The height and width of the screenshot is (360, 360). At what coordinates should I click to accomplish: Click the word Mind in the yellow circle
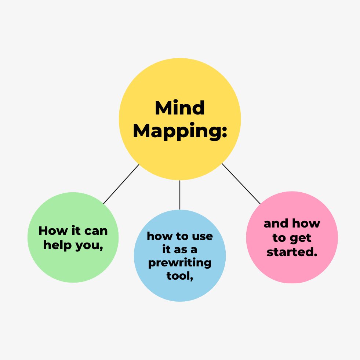pos(180,108)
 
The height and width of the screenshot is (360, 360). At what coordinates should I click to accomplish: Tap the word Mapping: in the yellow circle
pos(180,131)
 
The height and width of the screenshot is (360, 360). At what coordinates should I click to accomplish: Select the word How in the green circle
pos(53,230)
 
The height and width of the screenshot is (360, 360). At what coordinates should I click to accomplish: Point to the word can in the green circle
pos(96,231)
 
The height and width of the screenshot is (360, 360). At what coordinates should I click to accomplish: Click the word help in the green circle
pos(57,246)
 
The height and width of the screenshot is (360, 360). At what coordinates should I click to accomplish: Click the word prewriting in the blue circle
pos(180,263)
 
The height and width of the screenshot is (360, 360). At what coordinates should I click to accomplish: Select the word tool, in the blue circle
pos(180,276)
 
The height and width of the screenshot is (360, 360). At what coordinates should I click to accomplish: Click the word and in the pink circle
pos(276,223)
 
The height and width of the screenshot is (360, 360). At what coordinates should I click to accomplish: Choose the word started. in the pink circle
pos(292,252)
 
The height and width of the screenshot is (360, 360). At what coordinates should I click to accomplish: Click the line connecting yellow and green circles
pos(121,184)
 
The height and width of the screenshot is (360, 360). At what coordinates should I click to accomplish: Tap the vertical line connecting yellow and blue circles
pos(180,195)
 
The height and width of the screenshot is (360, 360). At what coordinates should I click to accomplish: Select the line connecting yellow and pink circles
pos(241,184)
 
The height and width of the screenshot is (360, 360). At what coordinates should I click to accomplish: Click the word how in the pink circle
pos(306,223)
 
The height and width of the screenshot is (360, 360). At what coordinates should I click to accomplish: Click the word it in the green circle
pos(76,230)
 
